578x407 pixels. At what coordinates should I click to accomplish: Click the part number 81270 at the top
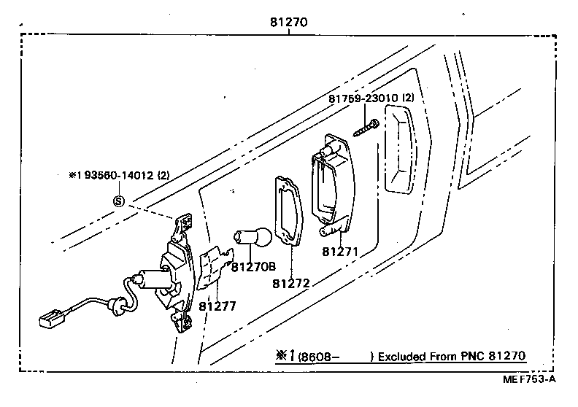coord(288,23)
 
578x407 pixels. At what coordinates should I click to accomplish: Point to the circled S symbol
coord(118,201)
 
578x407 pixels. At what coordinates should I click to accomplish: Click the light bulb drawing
coord(252,237)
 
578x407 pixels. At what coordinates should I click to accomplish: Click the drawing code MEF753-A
coord(528,379)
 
